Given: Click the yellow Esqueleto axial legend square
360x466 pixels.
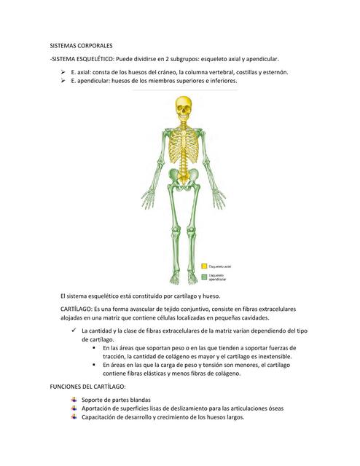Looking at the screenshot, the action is coord(205,267).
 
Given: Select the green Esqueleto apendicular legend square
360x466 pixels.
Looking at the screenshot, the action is coord(205,277).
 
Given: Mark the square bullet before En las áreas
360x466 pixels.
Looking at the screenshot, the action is coord(95,348).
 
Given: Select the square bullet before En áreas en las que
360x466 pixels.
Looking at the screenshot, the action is coord(95,366).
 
